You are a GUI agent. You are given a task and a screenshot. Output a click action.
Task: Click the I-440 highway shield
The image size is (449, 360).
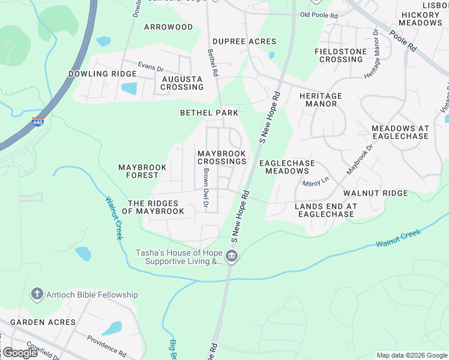(x=38, y=122)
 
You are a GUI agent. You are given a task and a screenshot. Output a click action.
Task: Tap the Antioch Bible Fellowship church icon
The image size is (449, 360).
(x=37, y=295)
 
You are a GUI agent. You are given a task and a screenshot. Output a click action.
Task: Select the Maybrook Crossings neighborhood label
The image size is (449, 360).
(x=222, y=158)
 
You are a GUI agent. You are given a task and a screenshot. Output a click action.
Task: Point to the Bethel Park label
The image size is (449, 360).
(x=209, y=113)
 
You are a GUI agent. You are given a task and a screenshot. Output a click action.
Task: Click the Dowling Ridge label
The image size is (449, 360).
(x=102, y=74)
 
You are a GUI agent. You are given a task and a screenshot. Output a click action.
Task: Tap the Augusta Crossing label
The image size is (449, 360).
(x=182, y=83)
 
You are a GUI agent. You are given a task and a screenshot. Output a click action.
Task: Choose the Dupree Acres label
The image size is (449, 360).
(x=244, y=42)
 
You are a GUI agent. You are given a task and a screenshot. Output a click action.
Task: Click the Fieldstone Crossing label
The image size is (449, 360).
(x=340, y=56)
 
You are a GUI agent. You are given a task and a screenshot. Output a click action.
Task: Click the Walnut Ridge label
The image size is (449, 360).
(x=376, y=193)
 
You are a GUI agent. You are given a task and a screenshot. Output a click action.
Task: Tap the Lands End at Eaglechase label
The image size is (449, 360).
(x=326, y=210)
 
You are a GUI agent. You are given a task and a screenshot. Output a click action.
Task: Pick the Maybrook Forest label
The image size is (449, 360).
(x=139, y=171)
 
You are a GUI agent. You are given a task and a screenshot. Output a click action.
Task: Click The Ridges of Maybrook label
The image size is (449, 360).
(x=153, y=208)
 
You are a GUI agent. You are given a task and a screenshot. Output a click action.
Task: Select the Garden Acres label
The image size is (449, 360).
(x=43, y=322)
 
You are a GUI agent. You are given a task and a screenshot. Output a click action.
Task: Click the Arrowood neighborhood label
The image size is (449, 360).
(x=169, y=27)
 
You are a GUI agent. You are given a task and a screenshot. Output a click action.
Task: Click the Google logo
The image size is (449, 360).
(x=20, y=353)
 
